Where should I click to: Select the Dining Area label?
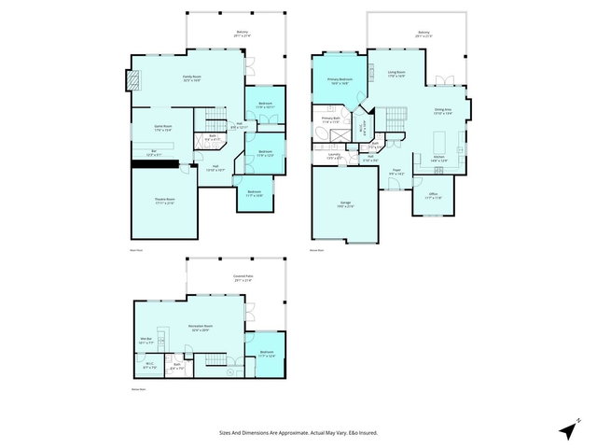(442, 111)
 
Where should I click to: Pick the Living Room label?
(396, 73)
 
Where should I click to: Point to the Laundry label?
(335, 157)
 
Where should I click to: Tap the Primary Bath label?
(330, 119)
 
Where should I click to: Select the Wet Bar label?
(146, 340)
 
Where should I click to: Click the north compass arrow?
(565, 430)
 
